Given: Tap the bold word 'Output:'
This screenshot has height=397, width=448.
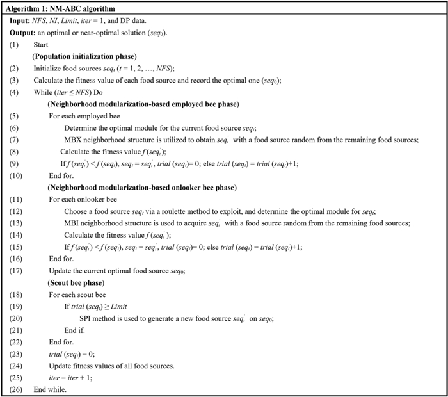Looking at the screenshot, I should coord(24,33).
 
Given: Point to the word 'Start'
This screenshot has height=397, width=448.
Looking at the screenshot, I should coord(42,45).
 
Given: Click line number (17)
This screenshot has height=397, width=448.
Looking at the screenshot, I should coord(16,271).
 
